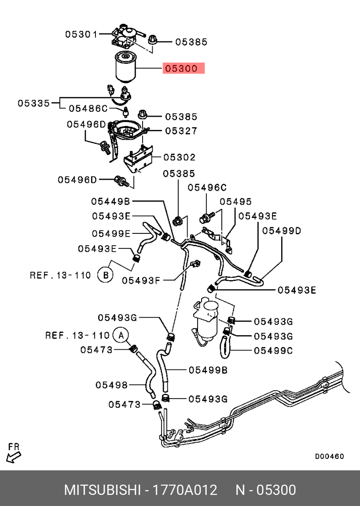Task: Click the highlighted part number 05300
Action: (184, 69)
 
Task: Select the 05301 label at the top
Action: (81, 33)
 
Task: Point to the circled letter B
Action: (105, 275)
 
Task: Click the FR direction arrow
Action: (13, 454)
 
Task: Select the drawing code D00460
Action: (329, 456)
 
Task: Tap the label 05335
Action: (33, 103)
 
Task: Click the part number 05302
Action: (180, 157)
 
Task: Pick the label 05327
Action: (181, 131)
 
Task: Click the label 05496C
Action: (207, 188)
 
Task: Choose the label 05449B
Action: (110, 201)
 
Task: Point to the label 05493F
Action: (141, 280)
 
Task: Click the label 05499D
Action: (282, 230)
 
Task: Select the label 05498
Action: (111, 385)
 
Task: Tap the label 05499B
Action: (208, 370)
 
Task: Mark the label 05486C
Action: (88, 108)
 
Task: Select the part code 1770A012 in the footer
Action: (184, 490)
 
